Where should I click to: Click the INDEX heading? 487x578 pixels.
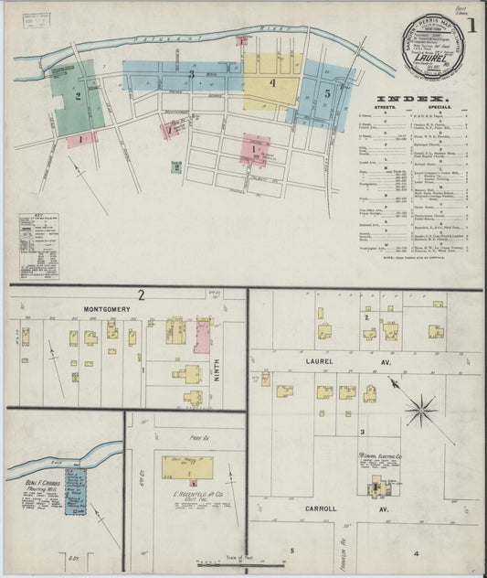point(414,98)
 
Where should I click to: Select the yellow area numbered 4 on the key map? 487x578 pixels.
point(270,83)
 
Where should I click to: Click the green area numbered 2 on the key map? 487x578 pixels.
point(79,95)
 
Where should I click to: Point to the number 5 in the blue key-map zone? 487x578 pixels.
point(326,93)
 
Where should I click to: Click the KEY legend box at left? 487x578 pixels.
point(38,245)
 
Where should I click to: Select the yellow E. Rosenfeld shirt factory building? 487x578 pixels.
point(187,466)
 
